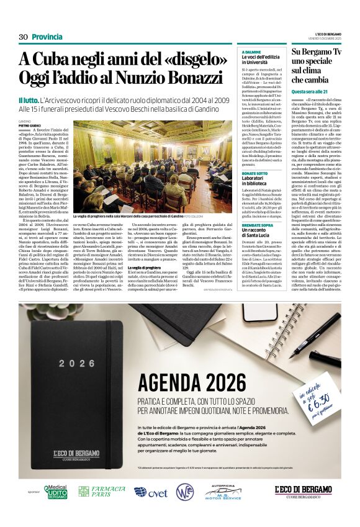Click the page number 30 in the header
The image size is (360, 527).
(24, 37)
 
